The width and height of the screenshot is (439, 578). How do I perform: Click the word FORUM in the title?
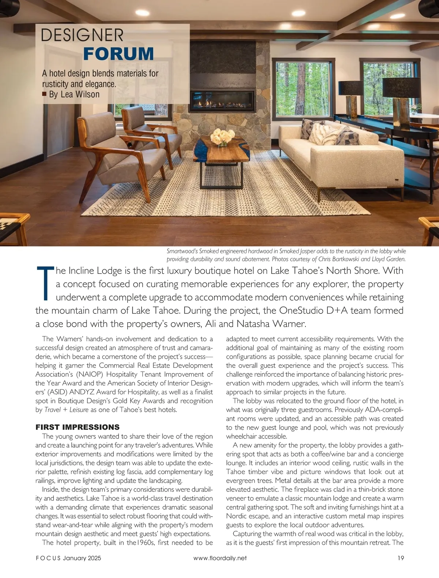click(119, 54)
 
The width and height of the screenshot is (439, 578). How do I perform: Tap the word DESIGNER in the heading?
click(82, 35)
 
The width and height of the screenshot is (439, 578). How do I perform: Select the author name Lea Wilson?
click(80, 94)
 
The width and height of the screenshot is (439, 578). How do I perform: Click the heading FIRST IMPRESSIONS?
click(78, 427)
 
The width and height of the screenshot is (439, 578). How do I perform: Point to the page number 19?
click(400, 558)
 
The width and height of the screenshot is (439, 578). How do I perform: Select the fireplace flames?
click(222, 103)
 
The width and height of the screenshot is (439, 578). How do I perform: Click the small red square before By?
click(44, 94)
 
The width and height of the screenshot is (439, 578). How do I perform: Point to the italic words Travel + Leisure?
click(66, 410)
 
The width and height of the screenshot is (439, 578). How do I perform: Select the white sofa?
click(340, 157)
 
